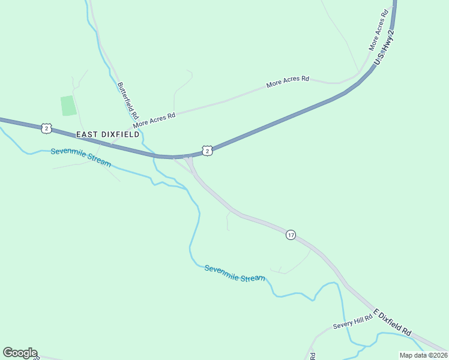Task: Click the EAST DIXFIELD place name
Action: (107, 135)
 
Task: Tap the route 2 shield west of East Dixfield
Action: (46, 128)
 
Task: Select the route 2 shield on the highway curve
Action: (206, 151)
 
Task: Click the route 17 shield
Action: (291, 235)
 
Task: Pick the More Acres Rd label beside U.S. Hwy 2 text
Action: (380, 30)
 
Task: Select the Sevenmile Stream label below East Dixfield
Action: (81, 158)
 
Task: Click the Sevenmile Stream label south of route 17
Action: (235, 274)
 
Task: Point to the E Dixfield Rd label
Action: (393, 322)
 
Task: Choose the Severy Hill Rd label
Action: (353, 322)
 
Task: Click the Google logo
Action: (20, 353)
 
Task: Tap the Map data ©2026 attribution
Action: (423, 355)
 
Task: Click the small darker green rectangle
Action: (68, 106)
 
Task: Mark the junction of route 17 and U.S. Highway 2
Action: (188, 158)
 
